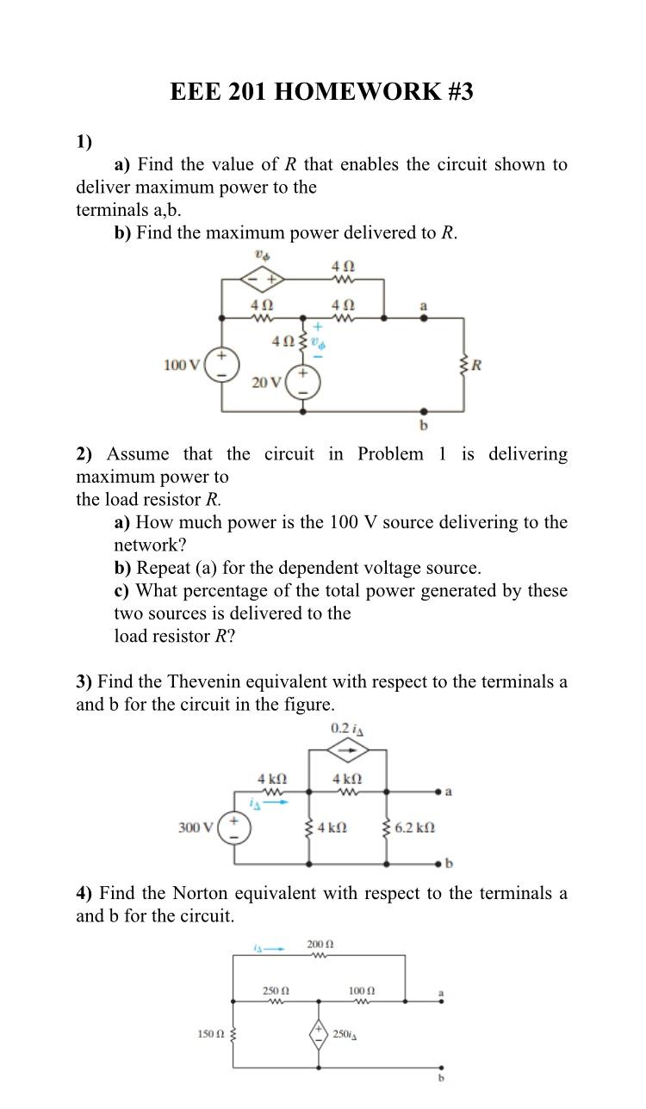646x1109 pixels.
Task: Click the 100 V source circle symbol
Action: pos(222,364)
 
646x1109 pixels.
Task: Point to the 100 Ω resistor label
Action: pos(361,991)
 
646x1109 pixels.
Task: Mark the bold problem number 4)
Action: pos(84,893)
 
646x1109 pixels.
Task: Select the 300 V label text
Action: pos(196,828)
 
